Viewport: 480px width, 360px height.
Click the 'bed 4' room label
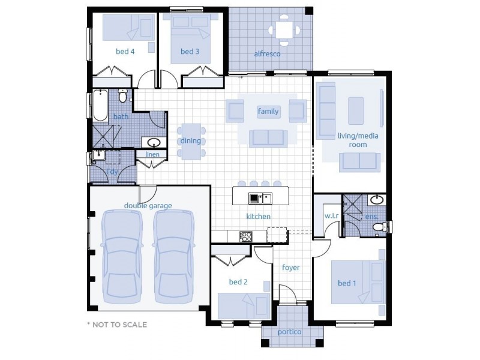click(125, 52)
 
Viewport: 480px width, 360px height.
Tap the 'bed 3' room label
click(190, 52)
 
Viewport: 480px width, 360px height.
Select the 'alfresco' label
click(267, 54)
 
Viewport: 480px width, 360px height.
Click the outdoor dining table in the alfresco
click(282, 30)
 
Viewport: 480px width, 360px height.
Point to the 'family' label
click(268, 111)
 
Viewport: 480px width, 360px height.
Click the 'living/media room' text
click(352, 140)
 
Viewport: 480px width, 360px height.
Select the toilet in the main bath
click(123, 95)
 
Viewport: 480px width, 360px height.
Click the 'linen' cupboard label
click(152, 154)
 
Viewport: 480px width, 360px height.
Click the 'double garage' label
click(148, 206)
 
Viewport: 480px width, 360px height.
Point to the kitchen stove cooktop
click(246, 236)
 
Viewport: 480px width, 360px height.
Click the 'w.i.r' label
click(332, 215)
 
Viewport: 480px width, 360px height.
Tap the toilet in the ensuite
click(379, 227)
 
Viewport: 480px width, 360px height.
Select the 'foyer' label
click(291, 268)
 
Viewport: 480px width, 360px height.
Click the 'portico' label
click(289, 332)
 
